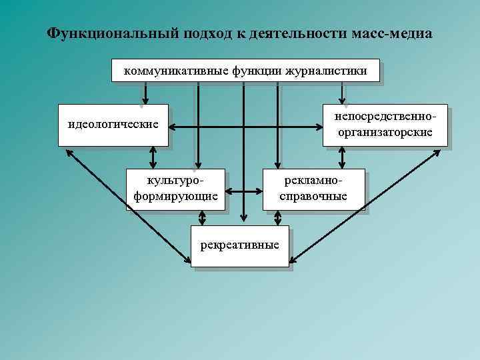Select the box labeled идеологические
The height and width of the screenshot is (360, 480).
pyautogui.click(x=113, y=125)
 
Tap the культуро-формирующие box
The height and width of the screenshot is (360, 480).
pyautogui.click(x=175, y=189)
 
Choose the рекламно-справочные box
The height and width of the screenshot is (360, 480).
pyautogui.click(x=314, y=189)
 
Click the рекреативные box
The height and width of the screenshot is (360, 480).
pyautogui.click(x=240, y=247)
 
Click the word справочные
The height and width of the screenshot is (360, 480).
pyautogui.click(x=314, y=197)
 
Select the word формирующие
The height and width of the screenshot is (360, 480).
pyautogui.click(x=175, y=197)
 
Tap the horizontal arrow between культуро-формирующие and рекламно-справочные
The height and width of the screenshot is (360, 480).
pyautogui.click(x=245, y=191)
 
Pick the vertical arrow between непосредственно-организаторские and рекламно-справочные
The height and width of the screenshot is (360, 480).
pyautogui.click(x=343, y=157)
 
